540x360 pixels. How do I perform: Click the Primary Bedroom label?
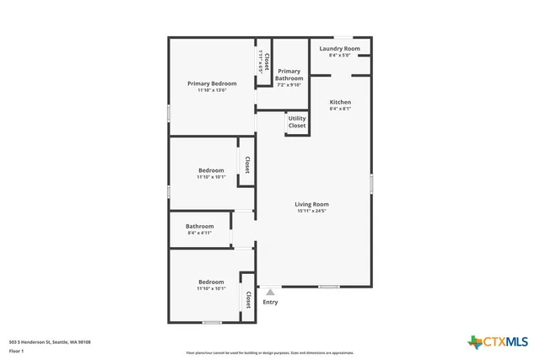tap(212, 83)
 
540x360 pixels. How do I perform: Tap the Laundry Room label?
tap(340, 49)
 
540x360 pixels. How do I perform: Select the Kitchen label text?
tap(340, 102)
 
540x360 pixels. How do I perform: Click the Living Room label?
tap(311, 204)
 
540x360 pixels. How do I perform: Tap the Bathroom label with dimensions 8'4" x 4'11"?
tap(200, 226)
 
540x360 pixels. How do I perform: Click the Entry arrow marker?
tap(270, 292)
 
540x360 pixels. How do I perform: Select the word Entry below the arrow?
tap(270, 302)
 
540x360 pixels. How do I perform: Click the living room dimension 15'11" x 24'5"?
tap(311, 211)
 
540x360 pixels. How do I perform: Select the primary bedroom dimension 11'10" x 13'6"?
tap(212, 90)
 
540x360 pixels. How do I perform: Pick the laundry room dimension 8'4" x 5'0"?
tap(340, 56)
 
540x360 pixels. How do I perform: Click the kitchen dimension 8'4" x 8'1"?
tap(340, 109)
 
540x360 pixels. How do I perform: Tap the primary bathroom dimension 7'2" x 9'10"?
tap(289, 84)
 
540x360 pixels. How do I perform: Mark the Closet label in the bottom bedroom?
tap(248, 299)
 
